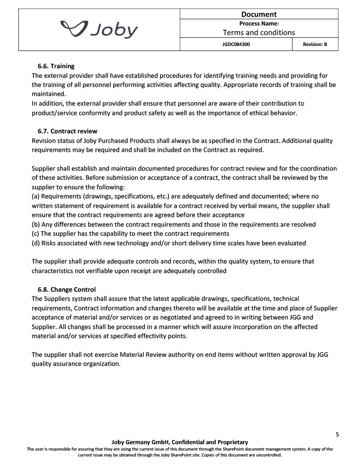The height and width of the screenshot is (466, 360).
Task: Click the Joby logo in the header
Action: coord(100,30)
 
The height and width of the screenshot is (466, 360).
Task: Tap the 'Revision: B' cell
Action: coord(315,45)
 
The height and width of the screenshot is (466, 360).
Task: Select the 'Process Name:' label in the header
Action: coord(259,24)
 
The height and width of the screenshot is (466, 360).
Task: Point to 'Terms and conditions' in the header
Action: coord(259,32)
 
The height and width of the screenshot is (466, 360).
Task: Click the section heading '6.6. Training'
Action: coord(56,66)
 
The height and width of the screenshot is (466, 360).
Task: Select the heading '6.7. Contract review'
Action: coord(67,132)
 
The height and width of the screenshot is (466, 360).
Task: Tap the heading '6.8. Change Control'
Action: coord(66,289)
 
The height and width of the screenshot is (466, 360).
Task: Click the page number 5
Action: coord(337,434)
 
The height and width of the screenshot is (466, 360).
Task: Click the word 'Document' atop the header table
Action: coord(259,14)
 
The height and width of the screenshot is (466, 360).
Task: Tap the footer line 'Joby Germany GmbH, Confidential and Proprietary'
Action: coord(180,442)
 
